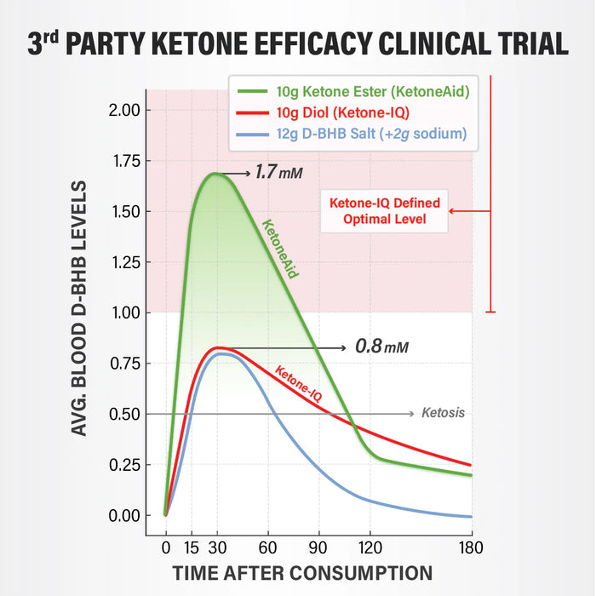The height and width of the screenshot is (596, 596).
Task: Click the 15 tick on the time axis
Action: click(x=192, y=547)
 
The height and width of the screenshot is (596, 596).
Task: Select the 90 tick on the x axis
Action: click(x=318, y=547)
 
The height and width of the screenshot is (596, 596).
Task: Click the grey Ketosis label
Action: click(x=443, y=414)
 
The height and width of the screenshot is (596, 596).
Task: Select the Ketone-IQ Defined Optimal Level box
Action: click(x=384, y=211)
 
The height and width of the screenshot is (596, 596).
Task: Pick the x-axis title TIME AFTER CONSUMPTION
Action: click(x=302, y=573)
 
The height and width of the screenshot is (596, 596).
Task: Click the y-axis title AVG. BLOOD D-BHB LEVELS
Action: click(x=80, y=308)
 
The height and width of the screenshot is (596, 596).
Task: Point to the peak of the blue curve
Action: click(x=221, y=353)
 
